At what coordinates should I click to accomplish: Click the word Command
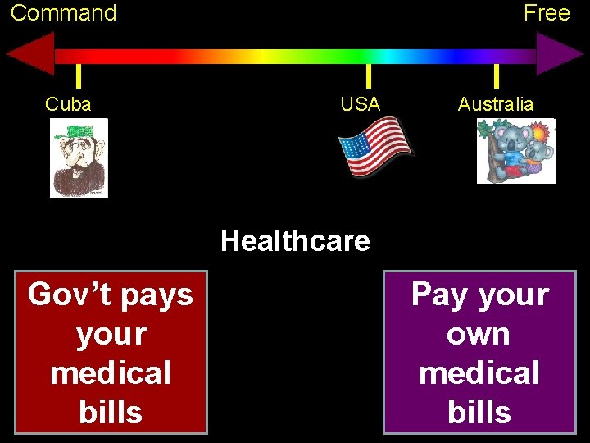[63, 13]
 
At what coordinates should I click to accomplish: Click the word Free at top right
[547, 13]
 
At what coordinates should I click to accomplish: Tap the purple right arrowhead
[559, 55]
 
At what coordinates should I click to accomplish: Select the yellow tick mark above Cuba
[78, 76]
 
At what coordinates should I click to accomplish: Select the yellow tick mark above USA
[368, 76]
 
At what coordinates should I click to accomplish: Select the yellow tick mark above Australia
[496, 76]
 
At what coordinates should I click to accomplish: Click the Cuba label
[68, 104]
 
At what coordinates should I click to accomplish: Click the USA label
[361, 104]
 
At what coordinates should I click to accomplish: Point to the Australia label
[495, 104]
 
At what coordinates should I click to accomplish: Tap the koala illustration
[515, 151]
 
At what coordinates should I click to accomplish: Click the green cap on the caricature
[79, 130]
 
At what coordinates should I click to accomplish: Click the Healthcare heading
[295, 241]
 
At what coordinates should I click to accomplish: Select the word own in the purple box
[479, 334]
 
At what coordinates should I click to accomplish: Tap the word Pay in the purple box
[440, 294]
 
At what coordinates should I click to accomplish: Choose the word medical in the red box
[111, 373]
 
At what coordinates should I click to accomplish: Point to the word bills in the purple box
[479, 412]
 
